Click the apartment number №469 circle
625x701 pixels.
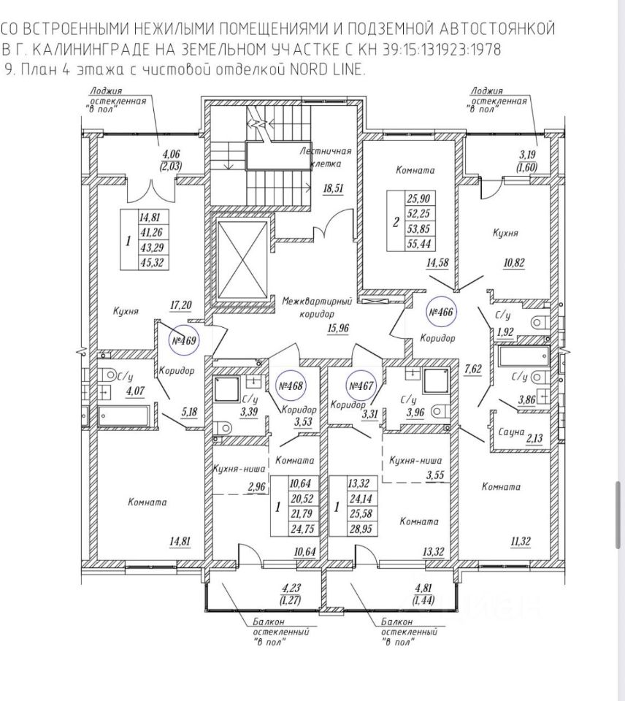[184, 341]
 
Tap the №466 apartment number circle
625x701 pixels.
[441, 312]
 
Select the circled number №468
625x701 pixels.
[291, 386]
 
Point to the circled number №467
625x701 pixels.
[361, 386]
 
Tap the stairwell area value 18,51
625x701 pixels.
[334, 188]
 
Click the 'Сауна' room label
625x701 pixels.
[511, 432]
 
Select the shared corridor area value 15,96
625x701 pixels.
[338, 329]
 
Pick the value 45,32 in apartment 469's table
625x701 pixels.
[152, 262]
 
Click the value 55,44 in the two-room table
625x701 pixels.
[419, 244]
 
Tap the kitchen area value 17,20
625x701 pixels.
[180, 305]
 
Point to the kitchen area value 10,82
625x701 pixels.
[514, 262]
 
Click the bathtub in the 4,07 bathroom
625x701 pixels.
[123, 417]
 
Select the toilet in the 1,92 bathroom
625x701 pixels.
[540, 322]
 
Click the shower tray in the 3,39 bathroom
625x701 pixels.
[227, 389]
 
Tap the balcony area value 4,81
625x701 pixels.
[423, 589]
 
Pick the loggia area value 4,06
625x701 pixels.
[172, 154]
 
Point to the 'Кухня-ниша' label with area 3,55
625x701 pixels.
[415, 461]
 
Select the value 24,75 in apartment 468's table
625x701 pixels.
[302, 529]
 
